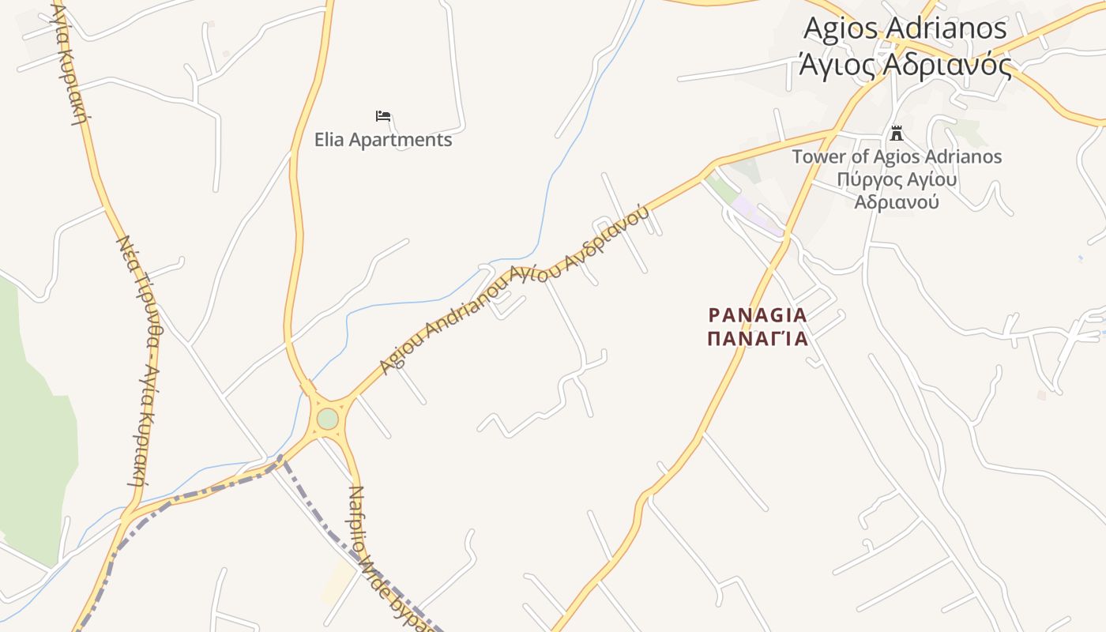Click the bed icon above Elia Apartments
tap(383, 116)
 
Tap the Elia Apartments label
tap(383, 140)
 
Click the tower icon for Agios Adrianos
tap(896, 133)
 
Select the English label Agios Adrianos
tap(905, 28)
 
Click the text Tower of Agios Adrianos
tap(897, 156)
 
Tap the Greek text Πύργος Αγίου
tap(897, 179)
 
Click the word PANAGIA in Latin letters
tap(758, 315)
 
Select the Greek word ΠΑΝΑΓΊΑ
tap(758, 339)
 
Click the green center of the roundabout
tap(327, 419)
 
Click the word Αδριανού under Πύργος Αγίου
tap(897, 201)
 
